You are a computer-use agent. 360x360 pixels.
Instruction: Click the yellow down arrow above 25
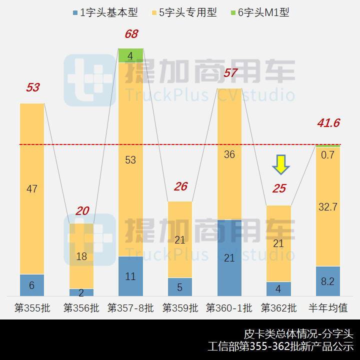pyautogui.click(x=281, y=164)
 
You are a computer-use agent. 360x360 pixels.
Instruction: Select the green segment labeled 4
pyautogui.click(x=130, y=55)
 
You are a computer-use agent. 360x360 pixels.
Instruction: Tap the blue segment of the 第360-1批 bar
pyautogui.click(x=229, y=257)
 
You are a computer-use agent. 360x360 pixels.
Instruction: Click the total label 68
pyautogui.click(x=131, y=34)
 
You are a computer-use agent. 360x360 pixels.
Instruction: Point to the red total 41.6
pyautogui.click(x=328, y=123)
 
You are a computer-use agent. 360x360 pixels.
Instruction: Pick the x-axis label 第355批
pyautogui.click(x=32, y=307)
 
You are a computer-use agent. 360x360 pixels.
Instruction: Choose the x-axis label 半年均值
pyautogui.click(x=328, y=307)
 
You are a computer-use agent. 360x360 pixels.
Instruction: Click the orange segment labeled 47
pyautogui.click(x=32, y=188)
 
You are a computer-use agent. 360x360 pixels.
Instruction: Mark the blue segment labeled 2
pyautogui.click(x=81, y=292)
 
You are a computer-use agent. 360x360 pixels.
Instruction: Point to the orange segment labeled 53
pyautogui.click(x=130, y=159)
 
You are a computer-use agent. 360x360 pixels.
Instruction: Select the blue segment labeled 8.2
pyautogui.click(x=328, y=281)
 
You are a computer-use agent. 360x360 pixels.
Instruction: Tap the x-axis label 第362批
pyautogui.click(x=278, y=307)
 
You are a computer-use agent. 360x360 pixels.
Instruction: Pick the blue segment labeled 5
pyautogui.click(x=180, y=287)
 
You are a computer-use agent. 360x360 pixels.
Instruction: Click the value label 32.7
pyautogui.click(x=328, y=206)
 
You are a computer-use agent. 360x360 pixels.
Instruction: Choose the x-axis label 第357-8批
pyautogui.click(x=130, y=307)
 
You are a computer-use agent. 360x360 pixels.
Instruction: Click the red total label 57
pyautogui.click(x=230, y=73)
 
